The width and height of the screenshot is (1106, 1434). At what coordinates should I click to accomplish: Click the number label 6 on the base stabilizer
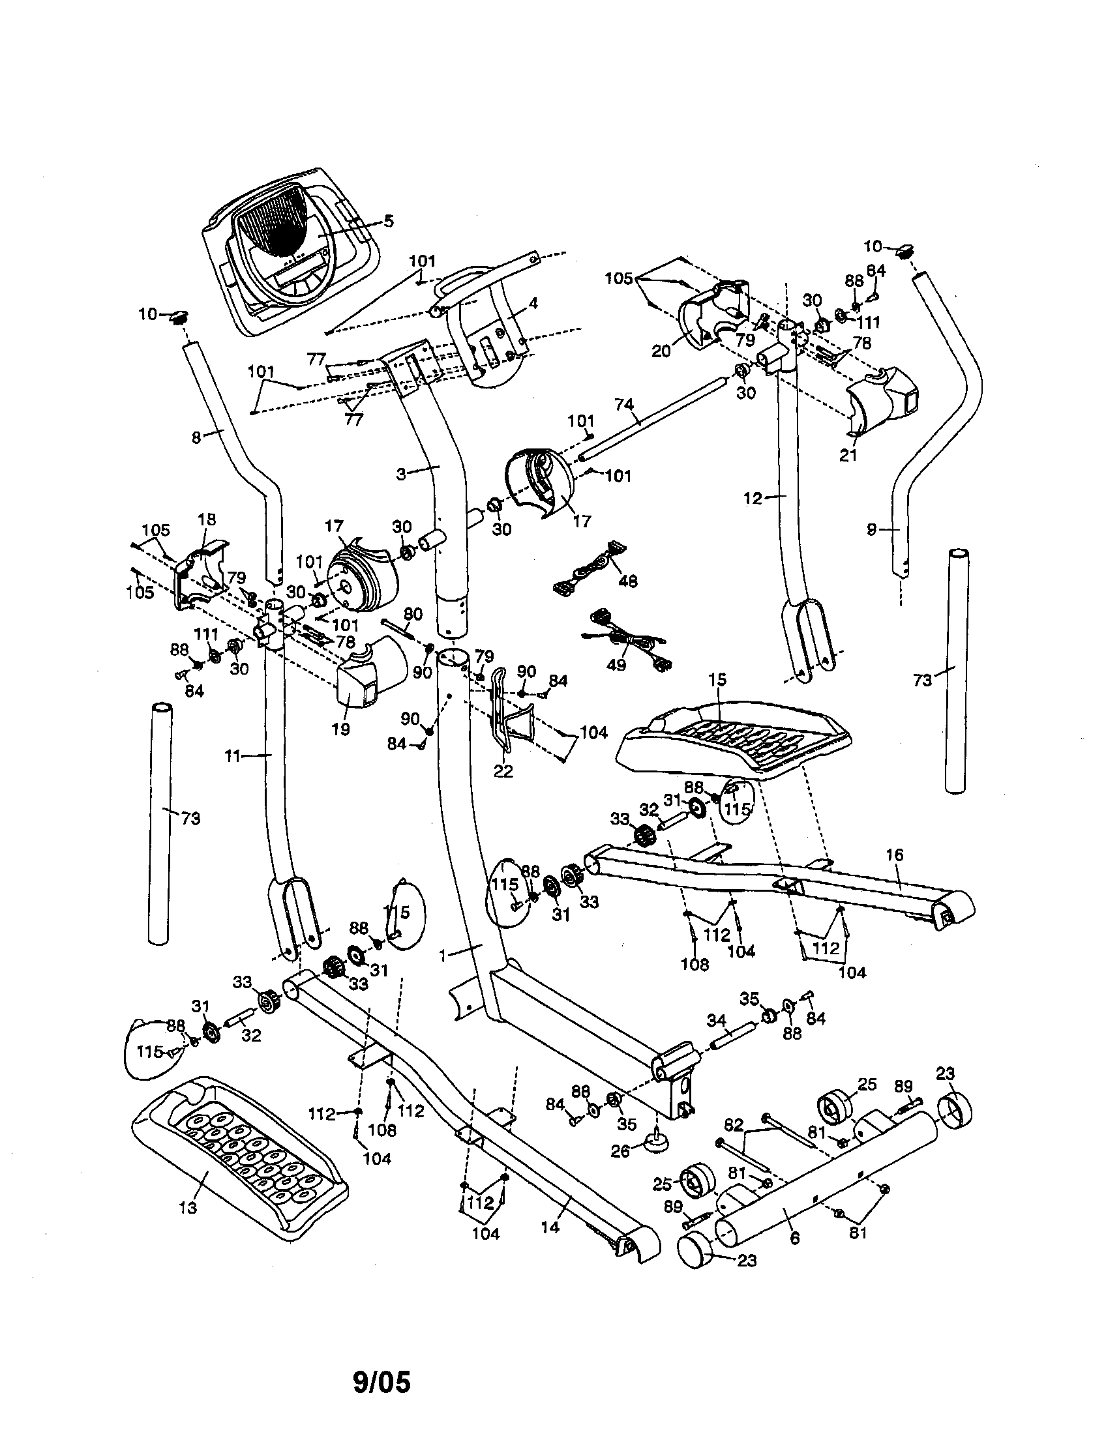(x=795, y=1238)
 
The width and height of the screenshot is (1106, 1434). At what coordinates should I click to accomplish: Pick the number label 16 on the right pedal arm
(x=895, y=855)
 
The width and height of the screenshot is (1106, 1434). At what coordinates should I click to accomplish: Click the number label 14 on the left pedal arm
(x=550, y=1225)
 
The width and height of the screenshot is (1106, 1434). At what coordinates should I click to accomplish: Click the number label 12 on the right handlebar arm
(x=753, y=499)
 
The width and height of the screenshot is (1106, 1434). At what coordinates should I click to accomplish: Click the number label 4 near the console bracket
(x=533, y=303)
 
